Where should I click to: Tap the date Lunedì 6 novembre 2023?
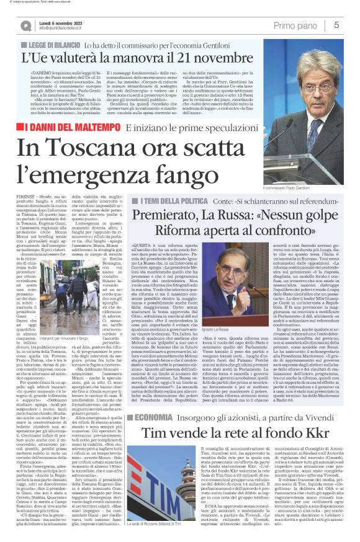tap(63, 22)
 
